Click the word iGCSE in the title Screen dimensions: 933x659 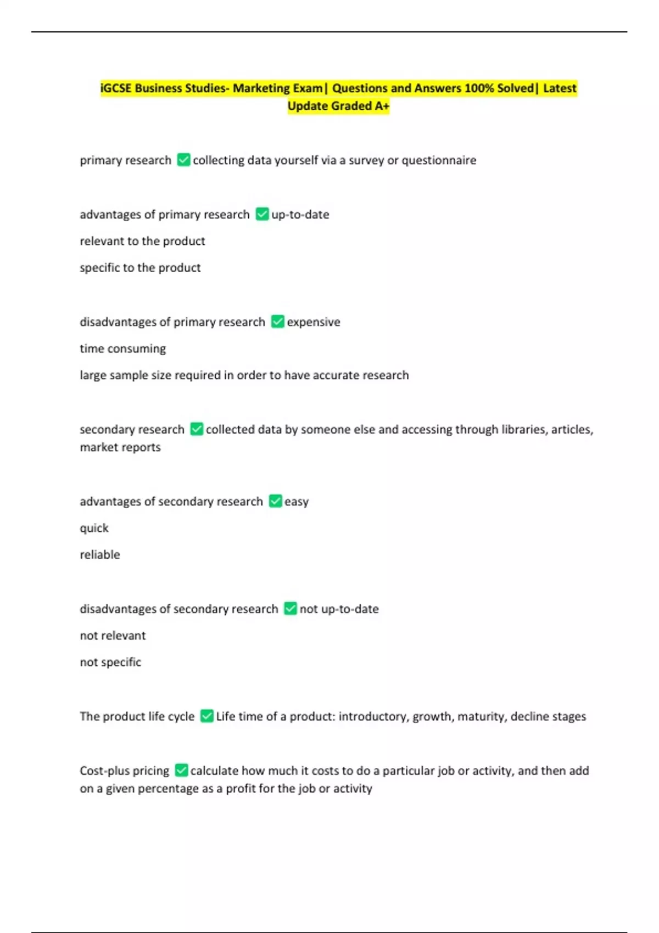pyautogui.click(x=116, y=88)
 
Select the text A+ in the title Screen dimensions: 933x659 pyautogui.click(x=382, y=106)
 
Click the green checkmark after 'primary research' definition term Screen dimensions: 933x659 pyautogui.click(x=183, y=160)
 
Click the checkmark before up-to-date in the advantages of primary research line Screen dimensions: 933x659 pyautogui.click(x=262, y=214)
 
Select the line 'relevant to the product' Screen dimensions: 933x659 pyautogui.click(x=142, y=241)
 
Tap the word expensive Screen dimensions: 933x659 pyautogui.click(x=313, y=322)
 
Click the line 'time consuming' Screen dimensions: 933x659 pyautogui.click(x=122, y=349)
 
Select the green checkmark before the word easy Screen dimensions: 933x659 pyautogui.click(x=275, y=501)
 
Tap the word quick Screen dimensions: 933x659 pyautogui.click(x=94, y=528)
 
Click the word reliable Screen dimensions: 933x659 pyautogui.click(x=99, y=555)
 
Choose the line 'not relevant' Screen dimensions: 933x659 pyautogui.click(x=113, y=636)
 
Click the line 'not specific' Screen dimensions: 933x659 pyautogui.click(x=110, y=662)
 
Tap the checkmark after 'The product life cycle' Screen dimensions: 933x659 pyautogui.click(x=206, y=716)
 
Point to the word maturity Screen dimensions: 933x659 pyautogui.click(x=481, y=717)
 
